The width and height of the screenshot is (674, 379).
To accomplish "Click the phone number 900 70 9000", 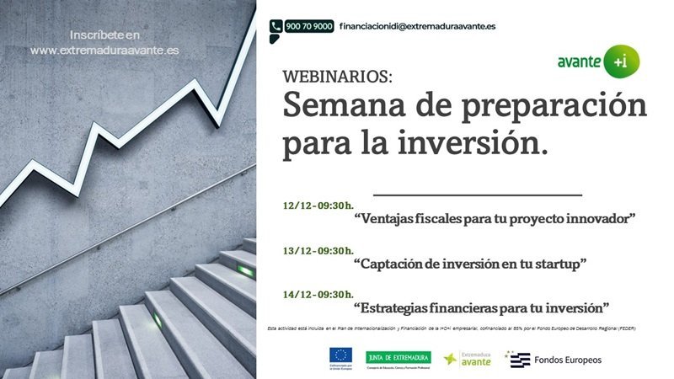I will pyautogui.click(x=308, y=26).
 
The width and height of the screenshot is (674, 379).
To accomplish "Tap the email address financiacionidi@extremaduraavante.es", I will pyautogui.click(x=417, y=26).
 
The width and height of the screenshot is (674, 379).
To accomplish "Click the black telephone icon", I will pyautogui.click(x=275, y=26).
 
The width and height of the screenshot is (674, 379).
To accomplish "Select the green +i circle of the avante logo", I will pyautogui.click(x=625, y=61).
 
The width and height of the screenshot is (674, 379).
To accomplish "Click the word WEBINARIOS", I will pyautogui.click(x=337, y=77).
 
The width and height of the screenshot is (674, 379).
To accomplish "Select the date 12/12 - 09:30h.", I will pyautogui.click(x=318, y=205).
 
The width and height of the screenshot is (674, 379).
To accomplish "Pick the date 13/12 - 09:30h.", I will pyautogui.click(x=318, y=250).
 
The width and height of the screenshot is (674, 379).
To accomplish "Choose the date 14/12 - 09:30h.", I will pyautogui.click(x=318, y=295).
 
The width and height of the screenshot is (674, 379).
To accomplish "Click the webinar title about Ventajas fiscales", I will pyautogui.click(x=495, y=219).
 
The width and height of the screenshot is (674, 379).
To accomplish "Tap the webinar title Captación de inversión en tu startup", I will pyautogui.click(x=470, y=264).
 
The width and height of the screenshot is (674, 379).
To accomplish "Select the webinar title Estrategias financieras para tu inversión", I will pyautogui.click(x=481, y=307).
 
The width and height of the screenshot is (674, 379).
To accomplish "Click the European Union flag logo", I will pyautogui.click(x=341, y=355).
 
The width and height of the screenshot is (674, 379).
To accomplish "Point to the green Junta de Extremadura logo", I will pyautogui.click(x=398, y=356).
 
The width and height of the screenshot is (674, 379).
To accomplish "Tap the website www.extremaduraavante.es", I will pyautogui.click(x=104, y=51).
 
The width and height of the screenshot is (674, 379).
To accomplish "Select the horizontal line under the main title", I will pyautogui.click(x=477, y=194).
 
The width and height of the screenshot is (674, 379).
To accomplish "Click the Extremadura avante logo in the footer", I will pyautogui.click(x=470, y=359).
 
